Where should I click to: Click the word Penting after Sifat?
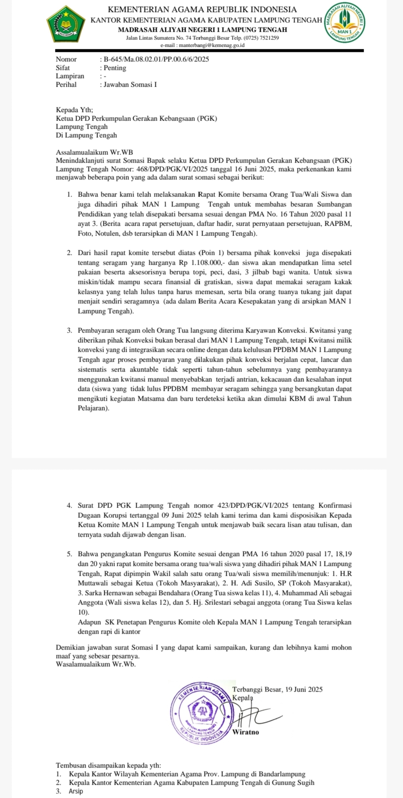click(115, 68)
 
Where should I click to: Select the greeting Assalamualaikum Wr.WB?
click(94, 152)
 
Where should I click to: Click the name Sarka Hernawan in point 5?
click(105, 593)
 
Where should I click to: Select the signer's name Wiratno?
click(246, 732)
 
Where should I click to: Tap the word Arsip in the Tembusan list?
click(76, 791)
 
